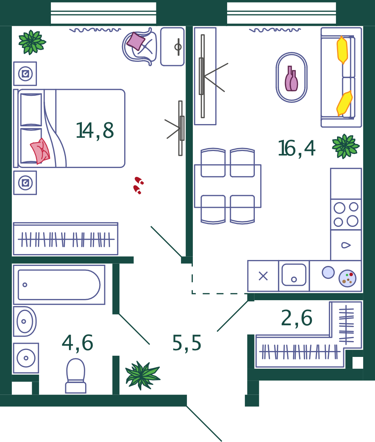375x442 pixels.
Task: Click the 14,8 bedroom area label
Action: point(95,131)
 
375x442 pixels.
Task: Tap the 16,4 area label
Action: point(296,148)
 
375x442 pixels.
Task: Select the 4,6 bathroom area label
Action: point(77,343)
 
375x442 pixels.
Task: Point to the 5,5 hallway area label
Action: point(187,343)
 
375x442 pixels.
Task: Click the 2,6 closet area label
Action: point(296,318)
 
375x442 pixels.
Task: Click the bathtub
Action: point(59,285)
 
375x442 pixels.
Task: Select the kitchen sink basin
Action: point(294,275)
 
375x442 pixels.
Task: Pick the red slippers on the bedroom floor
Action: point(138,185)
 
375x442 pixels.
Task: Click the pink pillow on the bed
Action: point(40,151)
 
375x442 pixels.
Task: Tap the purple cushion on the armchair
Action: point(136,41)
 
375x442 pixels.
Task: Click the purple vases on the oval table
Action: point(291,79)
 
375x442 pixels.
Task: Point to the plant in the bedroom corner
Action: point(32,42)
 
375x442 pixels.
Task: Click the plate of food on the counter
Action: point(347,278)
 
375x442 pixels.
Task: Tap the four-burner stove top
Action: point(346,214)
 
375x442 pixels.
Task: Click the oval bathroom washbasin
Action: point(25,321)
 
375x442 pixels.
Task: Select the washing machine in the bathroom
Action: point(26,358)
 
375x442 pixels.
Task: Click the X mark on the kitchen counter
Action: point(263,276)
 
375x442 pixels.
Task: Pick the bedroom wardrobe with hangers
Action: point(66,239)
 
